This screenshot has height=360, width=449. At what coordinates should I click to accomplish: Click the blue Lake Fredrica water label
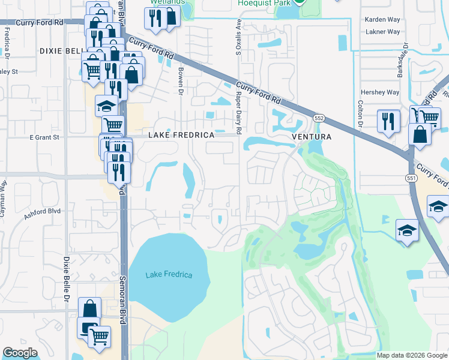pos(169,275)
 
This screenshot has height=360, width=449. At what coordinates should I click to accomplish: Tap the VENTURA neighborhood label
pos(312,136)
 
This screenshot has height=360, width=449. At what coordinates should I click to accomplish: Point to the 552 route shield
pos(319,119)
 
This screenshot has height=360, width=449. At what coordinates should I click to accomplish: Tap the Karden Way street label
pos(382,20)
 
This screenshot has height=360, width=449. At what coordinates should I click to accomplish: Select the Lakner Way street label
pos(382,31)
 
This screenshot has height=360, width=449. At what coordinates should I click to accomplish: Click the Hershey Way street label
pos(379,92)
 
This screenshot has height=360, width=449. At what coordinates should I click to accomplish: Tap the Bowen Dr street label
pos(180,80)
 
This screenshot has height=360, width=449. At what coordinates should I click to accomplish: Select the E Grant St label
pos(45,137)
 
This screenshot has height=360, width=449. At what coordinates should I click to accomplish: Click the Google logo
pos(20,352)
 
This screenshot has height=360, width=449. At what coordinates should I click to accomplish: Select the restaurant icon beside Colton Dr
pos(388,122)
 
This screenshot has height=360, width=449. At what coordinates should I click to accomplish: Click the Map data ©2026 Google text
pos(411,355)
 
